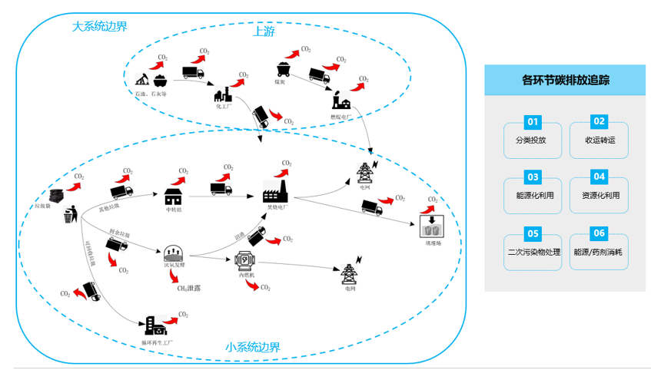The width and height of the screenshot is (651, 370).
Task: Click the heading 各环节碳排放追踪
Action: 566,80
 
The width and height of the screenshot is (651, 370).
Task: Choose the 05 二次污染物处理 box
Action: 533,246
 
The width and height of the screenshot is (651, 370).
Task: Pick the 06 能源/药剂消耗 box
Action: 600,246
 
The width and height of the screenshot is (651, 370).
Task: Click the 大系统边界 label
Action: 99,27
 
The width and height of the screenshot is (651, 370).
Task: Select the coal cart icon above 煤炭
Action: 282,68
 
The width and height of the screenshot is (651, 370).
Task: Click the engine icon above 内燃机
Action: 245,260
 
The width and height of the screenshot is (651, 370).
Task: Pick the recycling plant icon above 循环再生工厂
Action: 154,326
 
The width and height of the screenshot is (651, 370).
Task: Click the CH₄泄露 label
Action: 189,287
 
